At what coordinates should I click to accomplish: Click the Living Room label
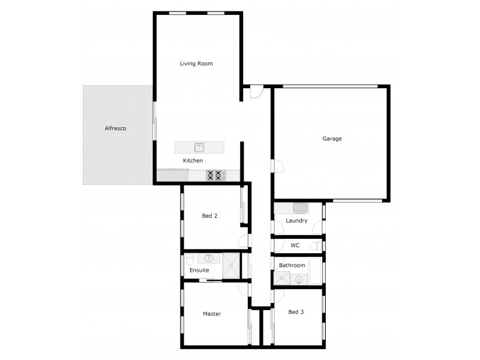(x=196, y=64)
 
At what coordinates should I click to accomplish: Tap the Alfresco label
(x=115, y=128)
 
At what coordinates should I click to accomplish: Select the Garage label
(x=332, y=139)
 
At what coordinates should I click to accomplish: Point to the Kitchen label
(x=193, y=161)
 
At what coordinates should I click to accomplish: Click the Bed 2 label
(x=209, y=216)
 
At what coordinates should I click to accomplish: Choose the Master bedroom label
(x=212, y=314)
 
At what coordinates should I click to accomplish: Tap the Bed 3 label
(x=296, y=312)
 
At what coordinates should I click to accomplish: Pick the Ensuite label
(x=199, y=271)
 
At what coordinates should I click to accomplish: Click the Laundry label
(x=296, y=221)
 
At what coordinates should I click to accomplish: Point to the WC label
(x=295, y=245)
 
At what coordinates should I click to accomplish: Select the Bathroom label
(x=292, y=265)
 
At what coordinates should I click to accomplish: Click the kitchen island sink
(x=199, y=147)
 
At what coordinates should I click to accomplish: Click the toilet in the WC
(x=315, y=245)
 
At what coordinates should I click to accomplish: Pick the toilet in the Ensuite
(x=190, y=259)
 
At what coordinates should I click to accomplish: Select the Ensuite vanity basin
(x=209, y=259)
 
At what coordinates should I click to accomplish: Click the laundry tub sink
(x=299, y=208)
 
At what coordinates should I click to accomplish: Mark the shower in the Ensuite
(x=231, y=266)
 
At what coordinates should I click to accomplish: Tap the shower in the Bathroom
(x=281, y=278)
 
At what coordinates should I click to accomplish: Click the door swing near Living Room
(x=256, y=92)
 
